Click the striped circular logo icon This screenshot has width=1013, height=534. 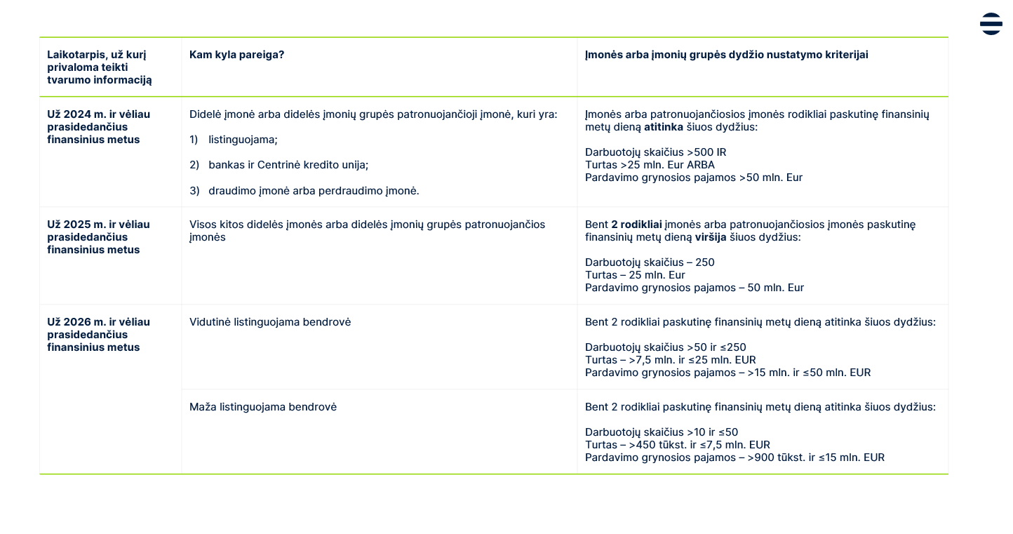pos(991,24)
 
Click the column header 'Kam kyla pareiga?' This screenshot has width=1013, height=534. pos(236,55)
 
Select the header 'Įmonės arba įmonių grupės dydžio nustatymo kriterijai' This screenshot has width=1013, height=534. pos(726,55)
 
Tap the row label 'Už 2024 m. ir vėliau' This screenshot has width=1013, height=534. pos(98,114)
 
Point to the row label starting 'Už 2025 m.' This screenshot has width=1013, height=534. pos(98,225)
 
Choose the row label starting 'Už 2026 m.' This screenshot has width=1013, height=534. pos(98,322)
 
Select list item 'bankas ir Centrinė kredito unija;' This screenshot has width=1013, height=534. pos(288,165)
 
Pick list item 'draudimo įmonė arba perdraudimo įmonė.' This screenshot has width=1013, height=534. pos(313,191)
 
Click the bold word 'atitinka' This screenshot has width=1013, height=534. pos(663,127)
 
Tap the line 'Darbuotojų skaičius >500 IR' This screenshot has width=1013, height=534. pos(650,152)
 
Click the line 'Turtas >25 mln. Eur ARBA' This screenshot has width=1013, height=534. pos(650,165)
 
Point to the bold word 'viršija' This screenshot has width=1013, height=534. pos(711,237)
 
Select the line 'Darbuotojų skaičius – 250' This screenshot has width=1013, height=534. pos(650,262)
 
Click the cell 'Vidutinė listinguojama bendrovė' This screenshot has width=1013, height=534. pos(270,322)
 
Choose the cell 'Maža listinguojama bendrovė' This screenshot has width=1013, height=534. pos(263,407)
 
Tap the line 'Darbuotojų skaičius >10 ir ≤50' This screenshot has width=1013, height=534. pos(662,432)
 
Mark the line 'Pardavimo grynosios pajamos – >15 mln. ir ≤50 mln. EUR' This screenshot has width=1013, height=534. pos(727,373)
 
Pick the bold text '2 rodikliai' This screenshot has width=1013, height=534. pos(636,225)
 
